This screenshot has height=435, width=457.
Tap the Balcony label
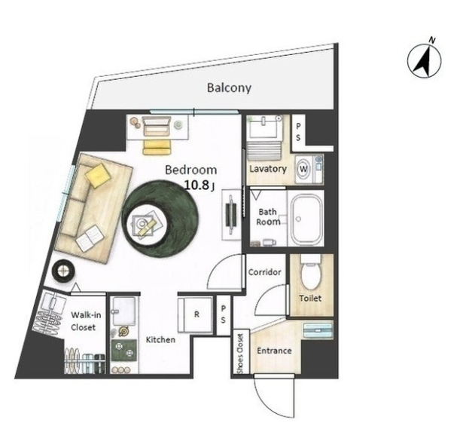click(x=229, y=88)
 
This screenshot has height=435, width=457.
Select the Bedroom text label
click(x=191, y=170)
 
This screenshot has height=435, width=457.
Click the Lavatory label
click(x=267, y=169)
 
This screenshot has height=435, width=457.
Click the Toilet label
click(x=310, y=299)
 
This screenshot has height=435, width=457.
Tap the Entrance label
click(x=274, y=351)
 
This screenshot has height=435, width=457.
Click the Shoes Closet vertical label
click(x=241, y=354)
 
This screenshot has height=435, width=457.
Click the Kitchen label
click(x=160, y=340)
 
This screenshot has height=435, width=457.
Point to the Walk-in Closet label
click(x=82, y=321)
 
